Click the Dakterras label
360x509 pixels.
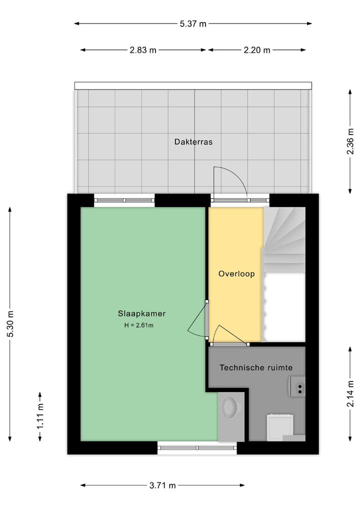193,142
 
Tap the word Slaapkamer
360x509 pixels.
141,314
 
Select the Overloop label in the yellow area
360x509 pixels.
236,274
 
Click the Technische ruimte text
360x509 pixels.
256,367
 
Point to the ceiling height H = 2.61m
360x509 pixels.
138,325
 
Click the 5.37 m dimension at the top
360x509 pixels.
193,23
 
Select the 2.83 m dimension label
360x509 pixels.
143,50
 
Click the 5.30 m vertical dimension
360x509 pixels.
10,323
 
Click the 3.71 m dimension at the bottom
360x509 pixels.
162,485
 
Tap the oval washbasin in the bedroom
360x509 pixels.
230,407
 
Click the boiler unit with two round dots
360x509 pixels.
297,386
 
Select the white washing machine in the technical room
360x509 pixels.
279,426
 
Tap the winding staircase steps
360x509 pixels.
284,235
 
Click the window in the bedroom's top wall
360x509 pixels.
124,200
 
